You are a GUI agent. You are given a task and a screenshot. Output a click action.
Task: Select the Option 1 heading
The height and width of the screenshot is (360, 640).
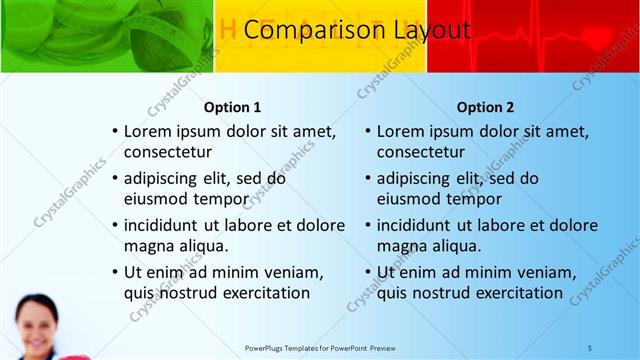(x=233, y=107)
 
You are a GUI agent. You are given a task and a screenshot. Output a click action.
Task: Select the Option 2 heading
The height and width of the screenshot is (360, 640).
(x=486, y=107)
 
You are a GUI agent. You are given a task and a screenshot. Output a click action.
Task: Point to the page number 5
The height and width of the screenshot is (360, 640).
(x=590, y=347)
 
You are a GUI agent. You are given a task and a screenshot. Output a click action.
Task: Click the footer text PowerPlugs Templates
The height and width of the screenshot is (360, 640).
(x=294, y=347)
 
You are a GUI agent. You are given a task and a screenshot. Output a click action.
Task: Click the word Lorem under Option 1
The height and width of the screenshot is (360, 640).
(x=149, y=131)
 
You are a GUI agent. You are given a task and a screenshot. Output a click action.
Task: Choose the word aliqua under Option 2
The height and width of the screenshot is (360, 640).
(x=456, y=245)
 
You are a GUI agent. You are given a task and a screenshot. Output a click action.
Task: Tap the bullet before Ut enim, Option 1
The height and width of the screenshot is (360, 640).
(x=115, y=272)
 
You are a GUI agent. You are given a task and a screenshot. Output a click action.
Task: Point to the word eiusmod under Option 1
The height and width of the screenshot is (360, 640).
(x=156, y=198)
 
